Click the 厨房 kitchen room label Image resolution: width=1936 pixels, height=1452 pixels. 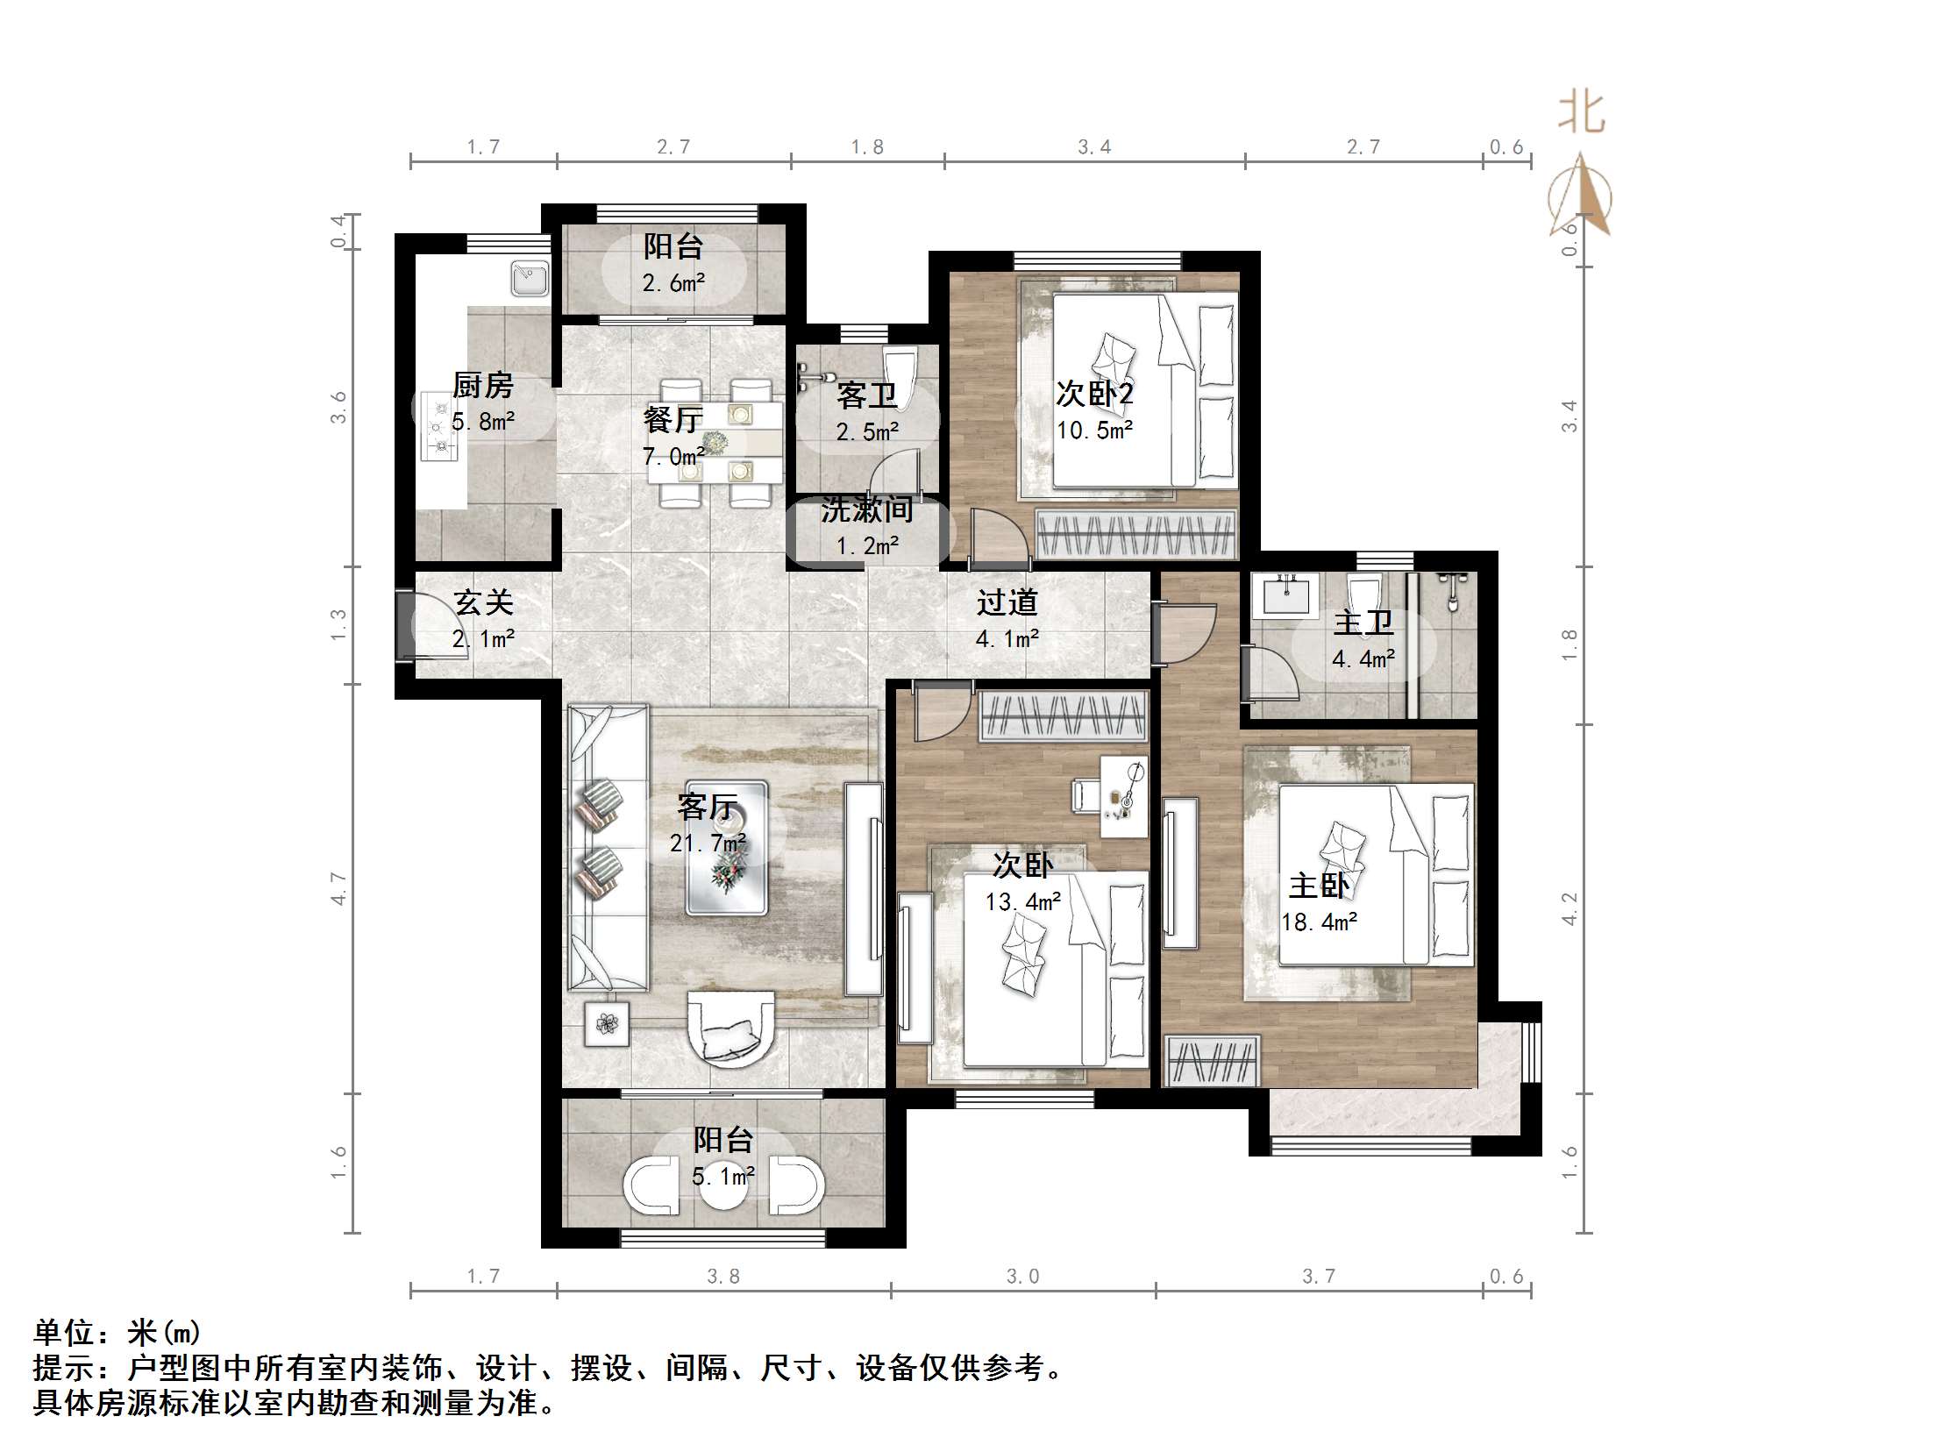tap(482, 385)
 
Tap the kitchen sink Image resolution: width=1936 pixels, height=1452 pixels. tap(530, 278)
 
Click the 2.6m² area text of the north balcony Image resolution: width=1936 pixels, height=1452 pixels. tap(673, 283)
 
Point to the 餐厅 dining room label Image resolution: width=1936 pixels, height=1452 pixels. tap(673, 420)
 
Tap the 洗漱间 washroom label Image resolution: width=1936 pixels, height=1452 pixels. tap(866, 509)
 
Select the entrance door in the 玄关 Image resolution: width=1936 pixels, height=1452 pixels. tap(406, 625)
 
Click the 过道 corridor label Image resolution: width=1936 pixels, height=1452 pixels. tap(1007, 602)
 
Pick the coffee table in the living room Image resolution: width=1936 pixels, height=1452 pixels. tap(727, 847)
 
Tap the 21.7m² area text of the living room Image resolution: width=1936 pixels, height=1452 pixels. tap(708, 843)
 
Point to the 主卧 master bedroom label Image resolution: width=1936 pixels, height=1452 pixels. tap(1319, 886)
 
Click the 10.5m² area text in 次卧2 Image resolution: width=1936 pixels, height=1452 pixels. tap(1094, 431)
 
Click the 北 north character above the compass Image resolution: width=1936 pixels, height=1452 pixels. tap(1581, 114)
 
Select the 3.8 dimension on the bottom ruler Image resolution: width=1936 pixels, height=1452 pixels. tap(723, 1277)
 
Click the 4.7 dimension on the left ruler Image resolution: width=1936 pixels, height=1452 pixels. tap(339, 888)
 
